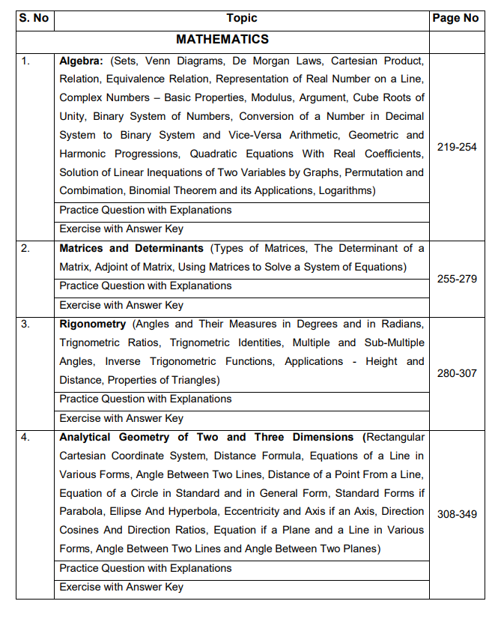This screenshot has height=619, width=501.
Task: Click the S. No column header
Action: pos(34,18)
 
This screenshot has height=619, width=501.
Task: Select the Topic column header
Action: pos(241,18)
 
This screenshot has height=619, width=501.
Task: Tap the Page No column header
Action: pos(455,18)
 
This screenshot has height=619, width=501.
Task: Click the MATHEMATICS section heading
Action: pos(222,39)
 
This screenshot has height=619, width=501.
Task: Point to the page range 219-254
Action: pos(457,147)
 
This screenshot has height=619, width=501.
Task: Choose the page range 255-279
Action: pos(457,279)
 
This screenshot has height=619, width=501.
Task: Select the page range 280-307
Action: pos(457,372)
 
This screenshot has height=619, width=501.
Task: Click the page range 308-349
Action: pos(457,514)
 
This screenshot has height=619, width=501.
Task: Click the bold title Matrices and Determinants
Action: pos(131,248)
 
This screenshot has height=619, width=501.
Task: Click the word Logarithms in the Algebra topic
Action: pos(346,191)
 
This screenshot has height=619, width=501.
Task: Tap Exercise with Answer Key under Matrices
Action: pos(121,305)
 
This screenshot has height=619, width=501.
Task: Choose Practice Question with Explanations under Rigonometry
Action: pos(145,399)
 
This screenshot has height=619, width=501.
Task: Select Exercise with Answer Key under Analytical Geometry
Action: pos(121,587)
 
